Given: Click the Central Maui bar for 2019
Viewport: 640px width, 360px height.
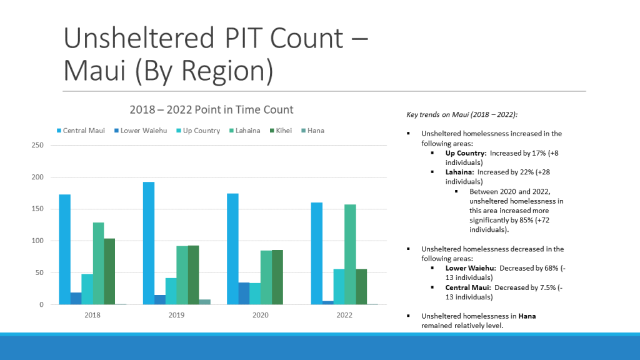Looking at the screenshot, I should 149,243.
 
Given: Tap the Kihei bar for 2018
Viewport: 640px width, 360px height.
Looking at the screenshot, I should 109,271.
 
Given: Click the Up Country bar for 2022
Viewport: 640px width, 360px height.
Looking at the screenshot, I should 339,287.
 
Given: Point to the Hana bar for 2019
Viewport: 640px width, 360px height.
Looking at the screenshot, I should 205,302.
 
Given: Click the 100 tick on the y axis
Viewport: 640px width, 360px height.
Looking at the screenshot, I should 37,241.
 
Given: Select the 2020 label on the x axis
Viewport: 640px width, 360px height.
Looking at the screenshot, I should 260,315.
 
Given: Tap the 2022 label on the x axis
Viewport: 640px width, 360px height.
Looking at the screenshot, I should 344,315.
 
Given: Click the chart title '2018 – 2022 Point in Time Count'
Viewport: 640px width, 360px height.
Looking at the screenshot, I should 211,109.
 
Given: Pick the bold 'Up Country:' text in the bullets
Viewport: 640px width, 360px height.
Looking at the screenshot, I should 466,152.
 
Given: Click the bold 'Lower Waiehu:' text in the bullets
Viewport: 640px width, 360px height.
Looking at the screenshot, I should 471,268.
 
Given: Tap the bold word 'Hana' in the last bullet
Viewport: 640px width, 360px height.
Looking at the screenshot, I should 527,316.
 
